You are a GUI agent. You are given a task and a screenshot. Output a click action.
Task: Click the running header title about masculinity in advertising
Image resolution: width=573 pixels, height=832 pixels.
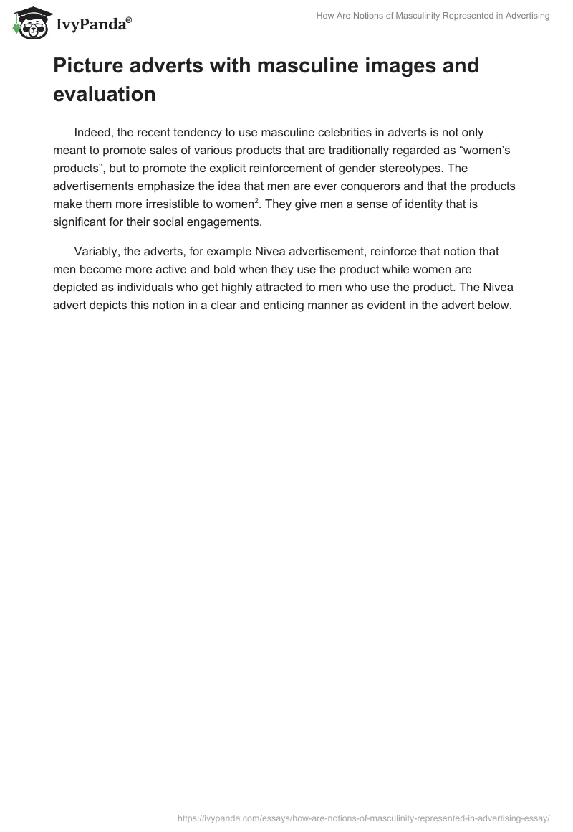tap(433, 16)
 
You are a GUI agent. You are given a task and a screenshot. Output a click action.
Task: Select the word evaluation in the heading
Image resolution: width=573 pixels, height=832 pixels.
tap(105, 94)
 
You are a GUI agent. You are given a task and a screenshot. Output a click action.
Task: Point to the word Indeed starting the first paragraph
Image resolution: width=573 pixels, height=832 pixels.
tap(95, 133)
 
